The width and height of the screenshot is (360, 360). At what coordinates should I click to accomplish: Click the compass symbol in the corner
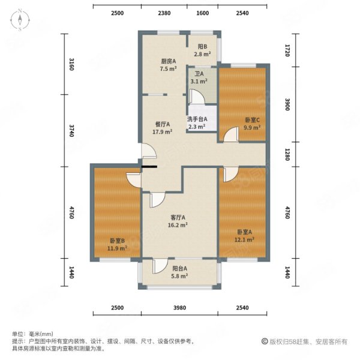click(x=19, y=20)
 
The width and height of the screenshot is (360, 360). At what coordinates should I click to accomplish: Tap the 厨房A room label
click(x=167, y=61)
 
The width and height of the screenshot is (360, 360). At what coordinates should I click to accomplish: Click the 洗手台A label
click(x=197, y=119)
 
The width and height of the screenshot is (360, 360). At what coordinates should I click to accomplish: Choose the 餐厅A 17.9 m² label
click(x=162, y=131)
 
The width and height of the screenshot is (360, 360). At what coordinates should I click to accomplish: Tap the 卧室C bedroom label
click(x=253, y=120)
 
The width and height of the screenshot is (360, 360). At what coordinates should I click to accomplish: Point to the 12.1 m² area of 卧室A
click(x=244, y=239)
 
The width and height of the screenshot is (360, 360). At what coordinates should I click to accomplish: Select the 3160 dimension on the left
click(x=71, y=63)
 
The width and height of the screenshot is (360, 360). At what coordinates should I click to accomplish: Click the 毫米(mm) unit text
click(x=40, y=334)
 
